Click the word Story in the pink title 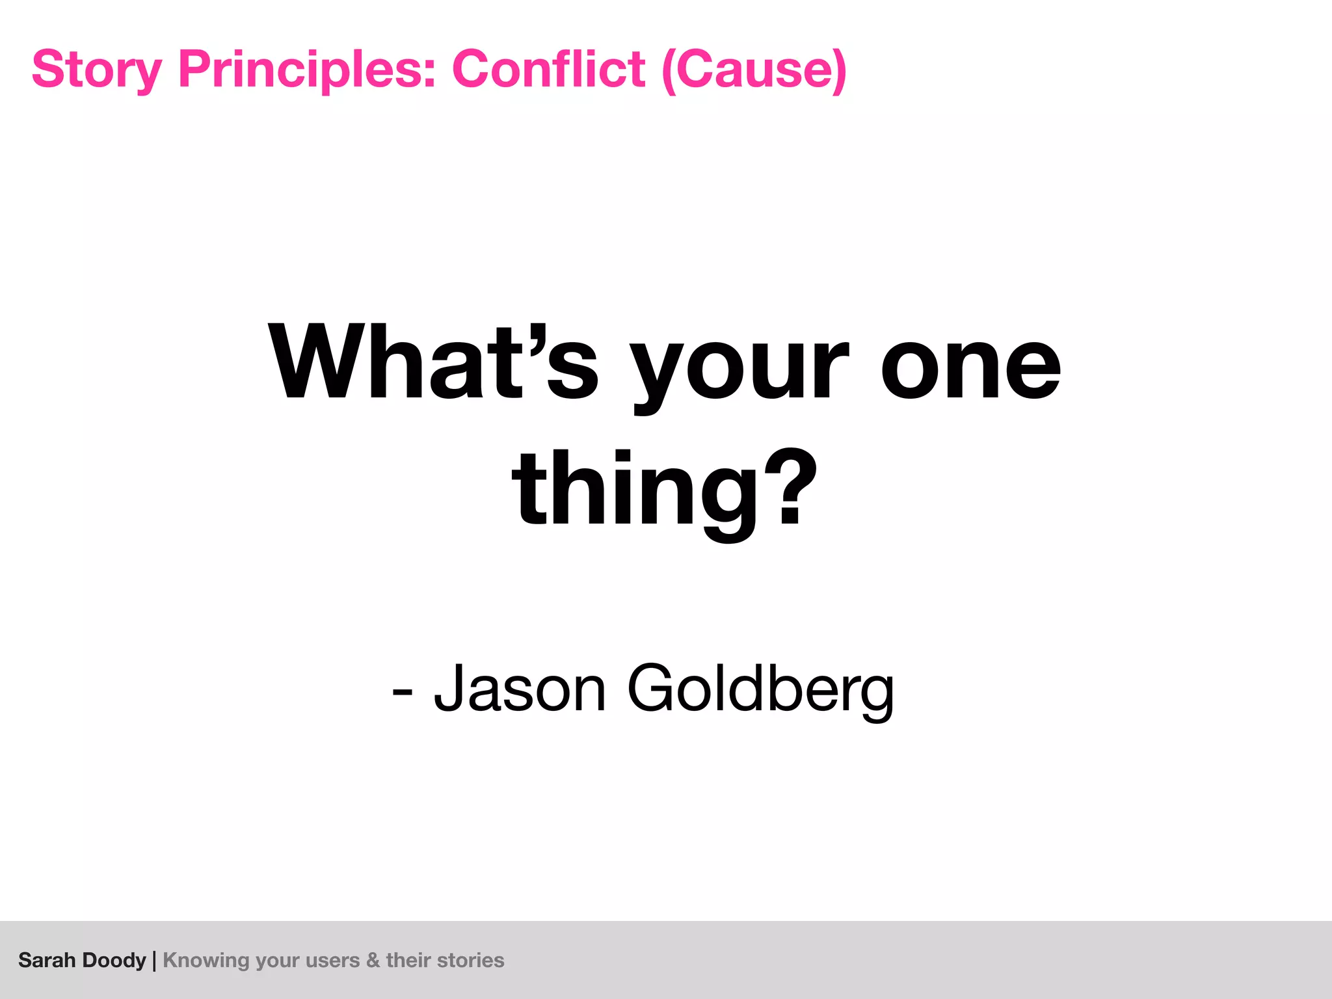[97, 70]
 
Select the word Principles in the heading [307, 70]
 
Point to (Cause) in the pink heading [754, 70]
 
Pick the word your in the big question [741, 367]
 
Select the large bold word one [970, 364]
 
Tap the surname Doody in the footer [114, 960]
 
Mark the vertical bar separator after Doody [154, 961]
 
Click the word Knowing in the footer [206, 961]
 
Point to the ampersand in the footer [373, 961]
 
